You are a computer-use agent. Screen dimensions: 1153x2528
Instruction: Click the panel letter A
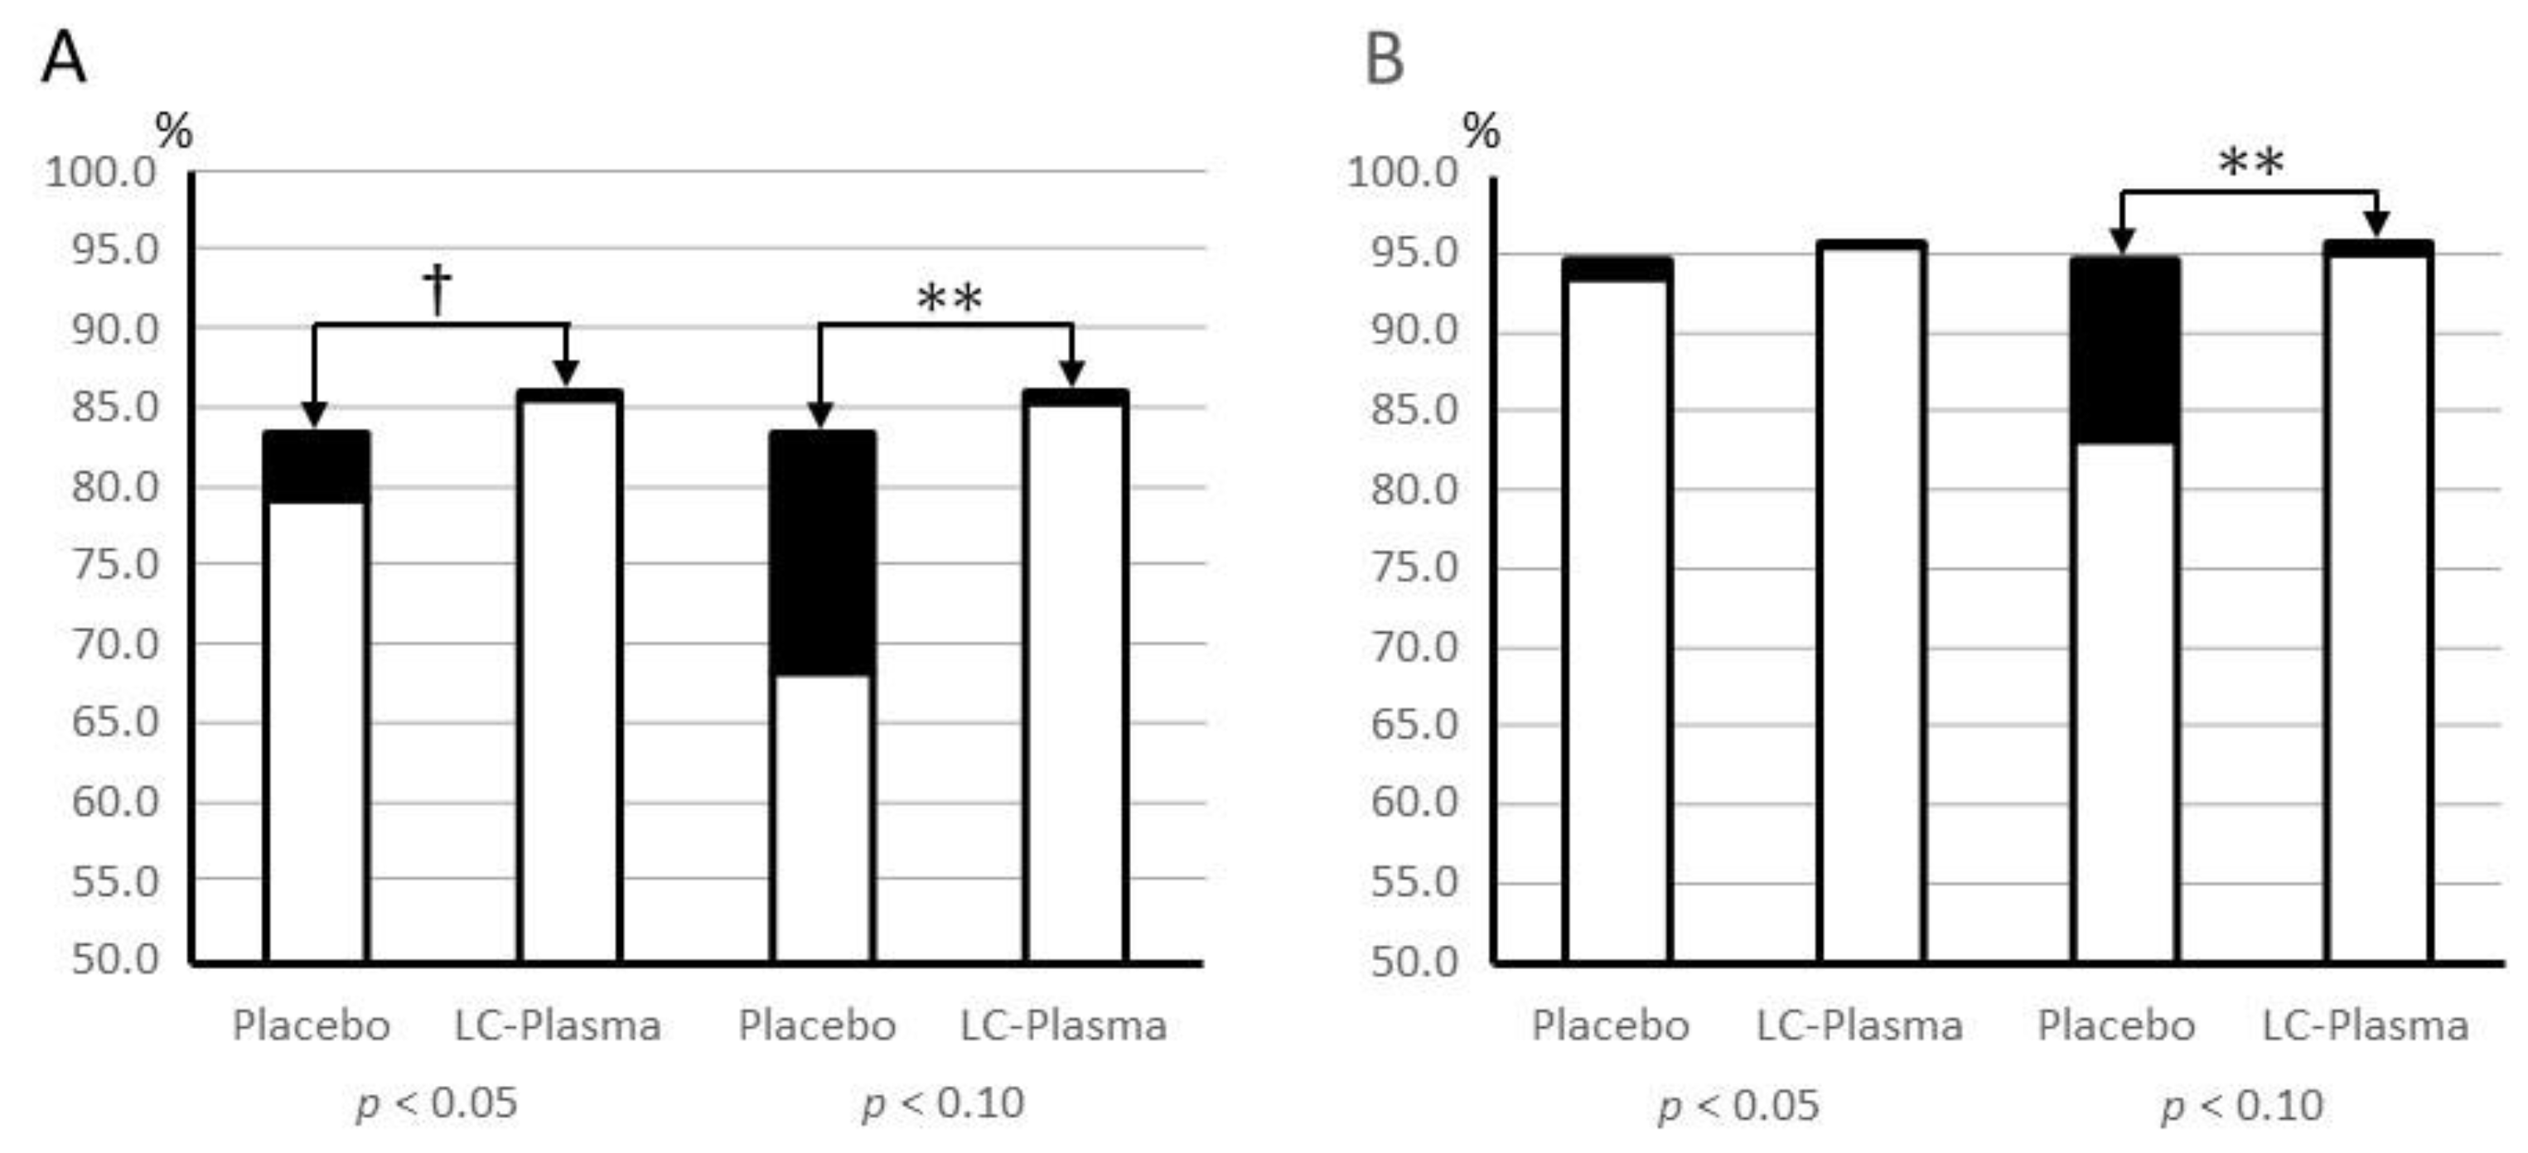pos(63,59)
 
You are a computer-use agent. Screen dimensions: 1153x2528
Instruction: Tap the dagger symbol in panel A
pos(437,288)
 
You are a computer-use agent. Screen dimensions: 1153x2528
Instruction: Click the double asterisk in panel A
pos(949,298)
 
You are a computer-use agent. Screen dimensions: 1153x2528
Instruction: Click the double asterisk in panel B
pos(2251,163)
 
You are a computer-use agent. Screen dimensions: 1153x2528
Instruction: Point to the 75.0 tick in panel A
pos(114,564)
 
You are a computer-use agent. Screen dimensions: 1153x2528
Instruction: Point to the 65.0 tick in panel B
pos(1414,724)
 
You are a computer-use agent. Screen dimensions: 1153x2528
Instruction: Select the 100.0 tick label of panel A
pos(101,173)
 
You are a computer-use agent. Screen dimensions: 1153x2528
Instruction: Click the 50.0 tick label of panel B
pos(1414,961)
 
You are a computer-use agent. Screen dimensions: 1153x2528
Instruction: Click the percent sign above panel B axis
pos(1481,131)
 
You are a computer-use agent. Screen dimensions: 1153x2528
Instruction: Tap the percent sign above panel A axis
pos(174,131)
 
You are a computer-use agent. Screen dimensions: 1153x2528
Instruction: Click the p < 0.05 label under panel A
pos(436,1104)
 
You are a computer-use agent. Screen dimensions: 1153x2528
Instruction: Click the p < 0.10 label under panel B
pos(2241,1106)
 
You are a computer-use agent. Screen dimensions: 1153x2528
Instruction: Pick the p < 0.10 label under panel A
pos(943,1104)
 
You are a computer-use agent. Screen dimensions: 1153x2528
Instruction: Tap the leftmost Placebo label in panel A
pos(310,1025)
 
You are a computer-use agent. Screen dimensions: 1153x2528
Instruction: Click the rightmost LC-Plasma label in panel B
pos(2365,1025)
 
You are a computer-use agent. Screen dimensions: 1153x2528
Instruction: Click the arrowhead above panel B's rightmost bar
pos(2376,224)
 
